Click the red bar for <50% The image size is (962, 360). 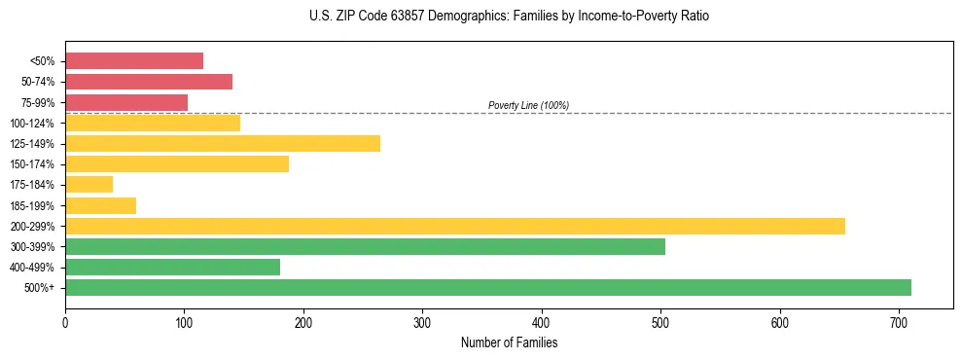pos(134,61)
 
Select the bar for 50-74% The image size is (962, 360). pos(149,82)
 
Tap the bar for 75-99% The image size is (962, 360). pos(126,102)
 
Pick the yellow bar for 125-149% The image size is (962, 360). pos(223,144)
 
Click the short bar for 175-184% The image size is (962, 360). pos(89,185)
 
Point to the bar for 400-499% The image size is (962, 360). pos(172,267)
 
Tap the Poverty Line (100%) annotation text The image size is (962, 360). pos(528,105)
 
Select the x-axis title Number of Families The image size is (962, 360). pos(510,342)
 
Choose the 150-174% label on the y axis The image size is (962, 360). pos(33,164)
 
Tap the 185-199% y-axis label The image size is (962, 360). pos(33,205)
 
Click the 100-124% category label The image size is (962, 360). pos(33,124)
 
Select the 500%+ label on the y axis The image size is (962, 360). pos(40,288)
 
